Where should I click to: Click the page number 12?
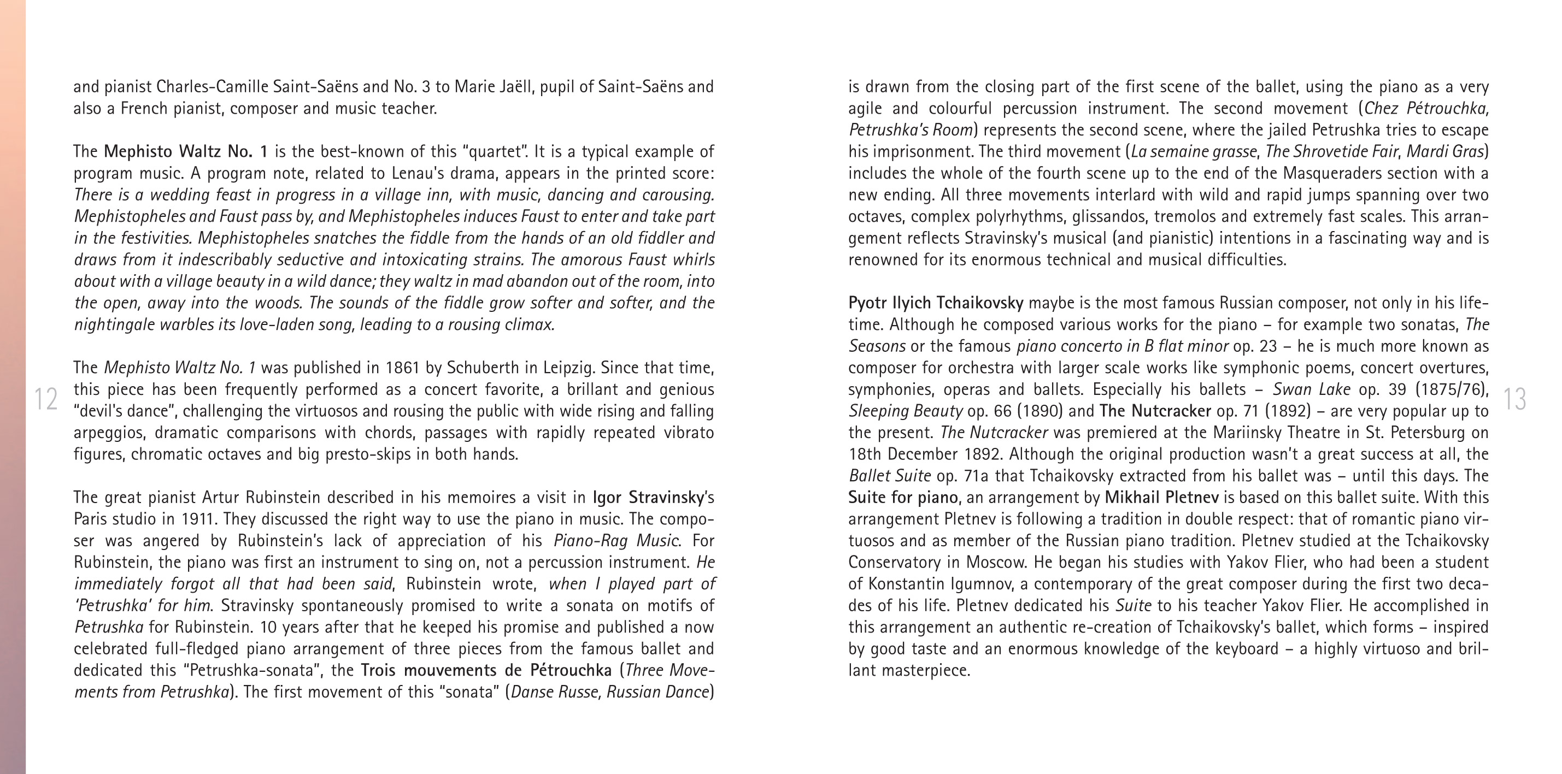tap(45, 399)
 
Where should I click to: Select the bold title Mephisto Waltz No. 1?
tap(185, 151)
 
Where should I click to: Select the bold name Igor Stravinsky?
tap(648, 498)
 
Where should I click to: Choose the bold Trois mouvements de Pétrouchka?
tap(486, 670)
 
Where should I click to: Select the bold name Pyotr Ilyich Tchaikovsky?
tap(936, 303)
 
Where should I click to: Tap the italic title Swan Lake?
tap(1312, 389)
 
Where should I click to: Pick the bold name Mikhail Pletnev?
tap(1161, 498)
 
